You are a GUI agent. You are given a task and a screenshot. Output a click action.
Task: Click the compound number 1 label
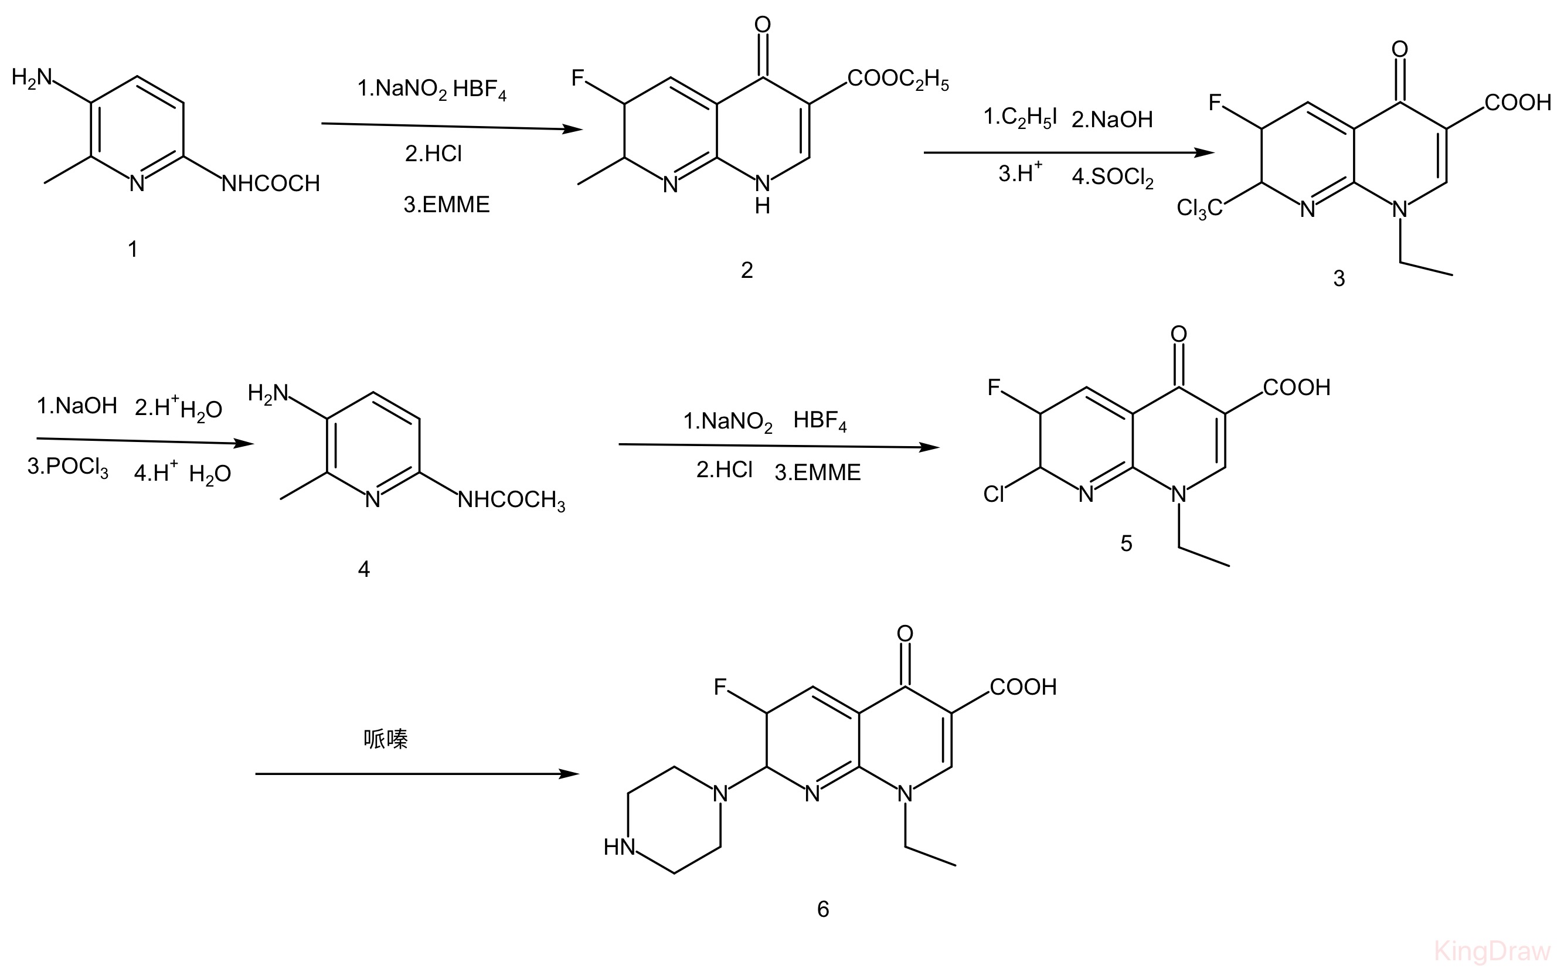click(x=132, y=249)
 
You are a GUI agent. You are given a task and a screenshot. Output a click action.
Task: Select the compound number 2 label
click(x=747, y=270)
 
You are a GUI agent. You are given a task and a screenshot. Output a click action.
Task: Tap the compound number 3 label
click(x=1339, y=278)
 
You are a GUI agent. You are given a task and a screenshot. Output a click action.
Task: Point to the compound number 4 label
click(x=364, y=569)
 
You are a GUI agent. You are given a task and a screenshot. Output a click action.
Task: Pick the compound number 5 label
click(x=1126, y=543)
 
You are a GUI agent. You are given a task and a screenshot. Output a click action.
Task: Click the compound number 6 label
click(x=823, y=909)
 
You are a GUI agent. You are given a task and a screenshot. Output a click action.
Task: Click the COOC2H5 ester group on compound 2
click(x=899, y=80)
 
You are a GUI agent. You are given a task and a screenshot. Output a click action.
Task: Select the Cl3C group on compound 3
click(x=1199, y=208)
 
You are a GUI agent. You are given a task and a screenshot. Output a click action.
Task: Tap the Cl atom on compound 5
click(x=994, y=494)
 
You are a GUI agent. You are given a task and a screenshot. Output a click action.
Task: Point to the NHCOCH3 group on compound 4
click(x=511, y=501)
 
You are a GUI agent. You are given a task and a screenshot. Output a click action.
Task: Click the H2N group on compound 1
click(x=32, y=79)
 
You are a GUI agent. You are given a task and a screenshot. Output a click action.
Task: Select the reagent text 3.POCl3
click(x=68, y=467)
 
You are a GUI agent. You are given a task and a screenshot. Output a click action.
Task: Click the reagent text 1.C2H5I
click(x=1021, y=118)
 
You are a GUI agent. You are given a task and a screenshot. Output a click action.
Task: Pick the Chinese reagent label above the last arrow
click(x=386, y=739)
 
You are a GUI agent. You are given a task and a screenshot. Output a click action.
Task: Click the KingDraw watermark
click(x=1493, y=951)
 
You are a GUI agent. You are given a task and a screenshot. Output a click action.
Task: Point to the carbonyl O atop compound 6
click(x=906, y=633)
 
